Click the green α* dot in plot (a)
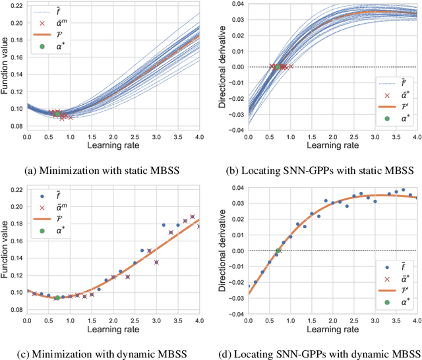57,114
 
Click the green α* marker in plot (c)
57,297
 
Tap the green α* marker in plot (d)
278,251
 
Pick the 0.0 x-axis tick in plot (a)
27,138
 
